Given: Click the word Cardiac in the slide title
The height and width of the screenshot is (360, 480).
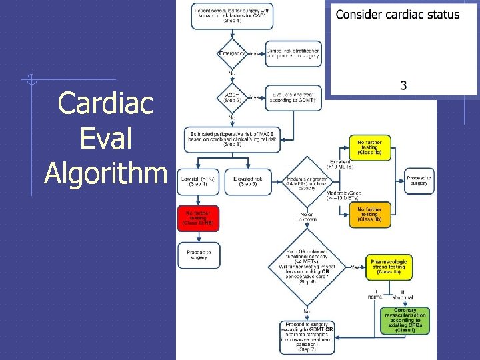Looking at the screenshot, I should click(105, 103).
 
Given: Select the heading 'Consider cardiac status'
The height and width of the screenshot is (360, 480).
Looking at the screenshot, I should click(397, 15).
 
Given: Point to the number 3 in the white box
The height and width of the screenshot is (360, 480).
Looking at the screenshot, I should click(403, 85).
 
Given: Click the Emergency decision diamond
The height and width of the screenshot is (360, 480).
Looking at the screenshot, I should click(232, 53).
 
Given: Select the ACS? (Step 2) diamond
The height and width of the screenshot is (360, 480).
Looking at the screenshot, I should click(232, 97).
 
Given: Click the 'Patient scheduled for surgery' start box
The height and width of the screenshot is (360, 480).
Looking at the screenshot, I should click(232, 15).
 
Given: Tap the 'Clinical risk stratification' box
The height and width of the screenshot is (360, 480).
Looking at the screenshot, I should click(293, 53).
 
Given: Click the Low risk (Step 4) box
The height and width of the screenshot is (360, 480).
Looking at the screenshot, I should click(198, 182).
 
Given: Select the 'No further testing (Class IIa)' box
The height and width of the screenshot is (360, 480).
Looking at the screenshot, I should click(370, 147).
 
